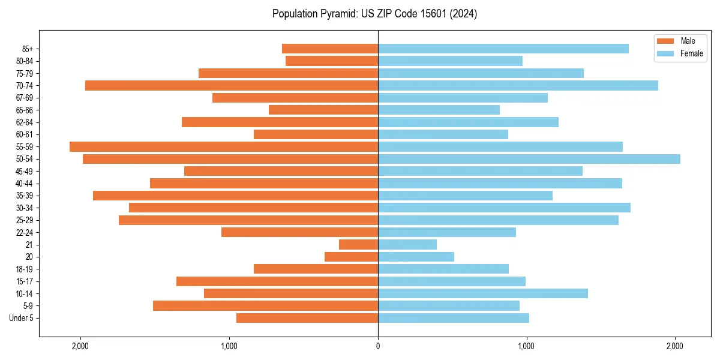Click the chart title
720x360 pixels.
pos(374,14)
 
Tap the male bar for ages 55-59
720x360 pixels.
pos(224,146)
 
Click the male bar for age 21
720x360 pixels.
pos(358,245)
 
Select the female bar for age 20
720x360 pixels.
pos(416,257)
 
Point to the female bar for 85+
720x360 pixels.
pos(503,49)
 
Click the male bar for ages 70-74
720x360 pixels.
pos(232,85)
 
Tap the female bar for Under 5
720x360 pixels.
pos(454,318)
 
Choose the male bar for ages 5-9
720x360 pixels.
pos(265,306)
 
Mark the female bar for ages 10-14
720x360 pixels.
pos(483,293)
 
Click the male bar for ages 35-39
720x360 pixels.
pos(235,196)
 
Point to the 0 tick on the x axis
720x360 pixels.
pos(378,346)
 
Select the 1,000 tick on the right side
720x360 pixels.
pos(526,346)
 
